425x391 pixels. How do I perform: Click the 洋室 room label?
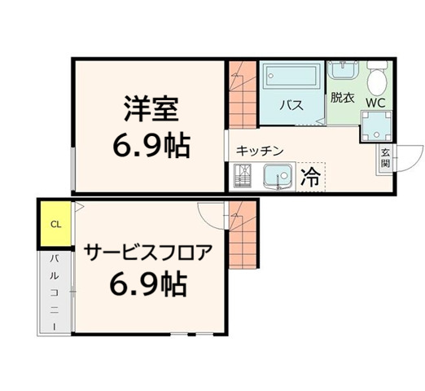pyautogui.click(x=151, y=108)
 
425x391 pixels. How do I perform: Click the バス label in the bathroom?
pyautogui.click(x=292, y=105)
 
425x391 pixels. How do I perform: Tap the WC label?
pyautogui.click(x=375, y=103)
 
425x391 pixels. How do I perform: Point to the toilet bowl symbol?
pyautogui.click(x=376, y=80)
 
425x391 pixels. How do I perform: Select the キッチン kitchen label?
pyautogui.click(x=260, y=151)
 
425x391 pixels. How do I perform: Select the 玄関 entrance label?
pyautogui.click(x=383, y=157)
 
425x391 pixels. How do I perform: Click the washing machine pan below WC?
pyautogui.click(x=377, y=125)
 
